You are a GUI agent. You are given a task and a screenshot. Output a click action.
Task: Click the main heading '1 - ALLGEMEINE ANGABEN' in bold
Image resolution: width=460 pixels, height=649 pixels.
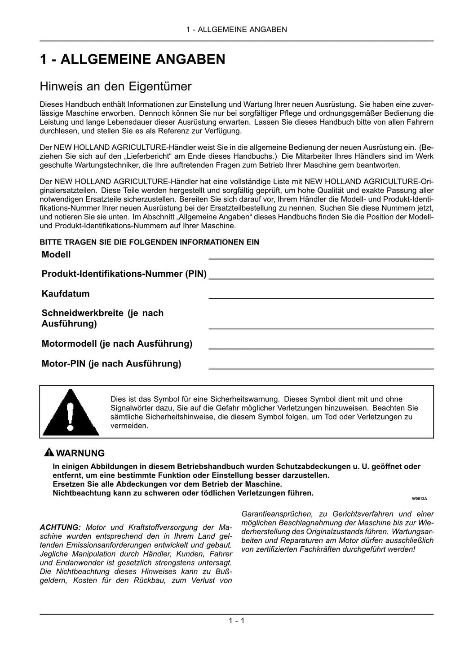[x=133, y=59]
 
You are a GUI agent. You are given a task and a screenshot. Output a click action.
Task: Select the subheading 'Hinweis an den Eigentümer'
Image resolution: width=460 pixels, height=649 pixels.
[x=115, y=86]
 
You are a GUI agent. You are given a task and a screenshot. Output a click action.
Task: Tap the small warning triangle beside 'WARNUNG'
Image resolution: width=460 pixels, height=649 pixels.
[x=49, y=453]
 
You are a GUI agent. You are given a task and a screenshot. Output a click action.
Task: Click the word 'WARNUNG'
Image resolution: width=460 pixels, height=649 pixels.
[x=80, y=453]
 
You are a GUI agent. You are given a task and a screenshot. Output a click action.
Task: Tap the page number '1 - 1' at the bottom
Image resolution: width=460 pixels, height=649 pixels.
[x=236, y=621]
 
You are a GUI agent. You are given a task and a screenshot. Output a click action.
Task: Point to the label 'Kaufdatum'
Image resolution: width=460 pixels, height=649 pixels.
[x=66, y=294]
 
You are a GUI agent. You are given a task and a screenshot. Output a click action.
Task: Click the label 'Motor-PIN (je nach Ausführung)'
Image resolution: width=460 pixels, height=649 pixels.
[x=111, y=364]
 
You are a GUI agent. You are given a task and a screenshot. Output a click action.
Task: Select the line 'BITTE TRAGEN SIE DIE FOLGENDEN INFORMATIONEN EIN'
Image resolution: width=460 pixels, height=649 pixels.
[x=149, y=242]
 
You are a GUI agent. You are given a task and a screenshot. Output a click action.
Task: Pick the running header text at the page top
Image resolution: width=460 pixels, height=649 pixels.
[x=236, y=30]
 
